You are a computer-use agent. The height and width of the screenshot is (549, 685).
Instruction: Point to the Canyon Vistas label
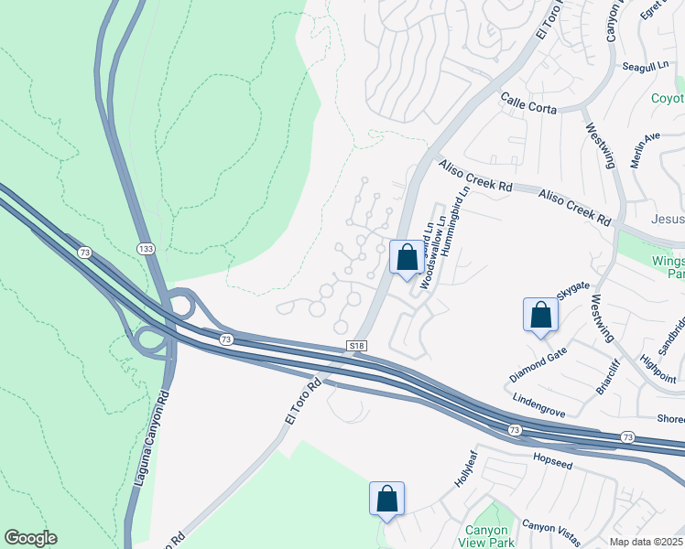tap(552, 529)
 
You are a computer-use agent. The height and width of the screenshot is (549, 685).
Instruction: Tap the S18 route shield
tap(358, 346)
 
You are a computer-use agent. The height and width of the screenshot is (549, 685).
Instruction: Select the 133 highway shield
tap(146, 249)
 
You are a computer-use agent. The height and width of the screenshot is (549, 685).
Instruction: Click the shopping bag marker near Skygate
tap(540, 315)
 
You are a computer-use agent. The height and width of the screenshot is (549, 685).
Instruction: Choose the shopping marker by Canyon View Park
tap(386, 500)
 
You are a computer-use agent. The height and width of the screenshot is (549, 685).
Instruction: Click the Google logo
tap(30, 538)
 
